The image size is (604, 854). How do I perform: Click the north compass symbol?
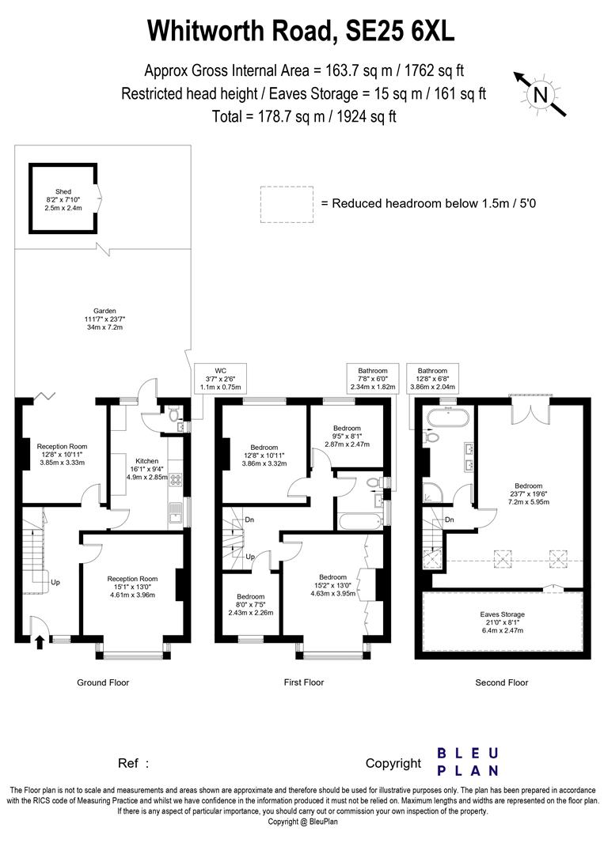(x=541, y=94)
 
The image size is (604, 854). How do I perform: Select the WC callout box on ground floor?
(x=221, y=378)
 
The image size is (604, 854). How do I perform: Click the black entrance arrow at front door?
(x=40, y=642)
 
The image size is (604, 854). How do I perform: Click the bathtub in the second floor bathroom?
(x=449, y=418)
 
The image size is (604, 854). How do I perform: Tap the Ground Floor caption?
(x=103, y=682)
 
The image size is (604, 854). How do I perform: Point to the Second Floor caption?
(x=501, y=682)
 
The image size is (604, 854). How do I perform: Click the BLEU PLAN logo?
(x=468, y=761)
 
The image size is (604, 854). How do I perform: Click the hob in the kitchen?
(x=176, y=478)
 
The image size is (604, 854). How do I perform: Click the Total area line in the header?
(x=303, y=116)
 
